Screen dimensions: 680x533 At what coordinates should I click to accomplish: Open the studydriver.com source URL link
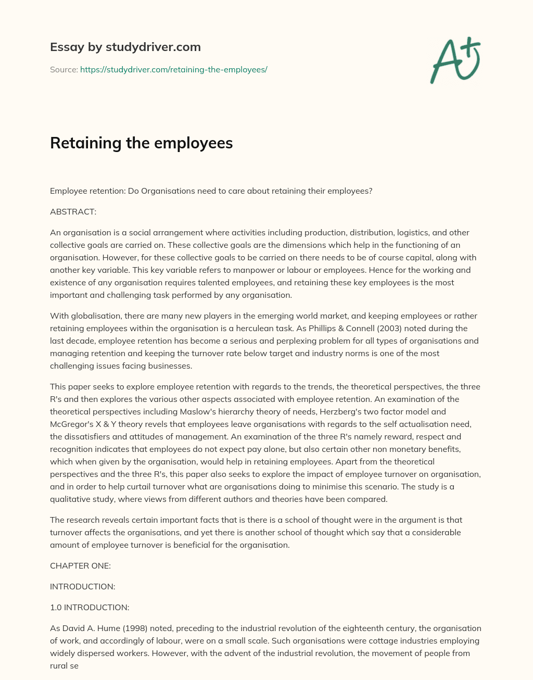(173, 69)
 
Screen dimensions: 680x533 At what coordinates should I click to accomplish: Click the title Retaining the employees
(141, 143)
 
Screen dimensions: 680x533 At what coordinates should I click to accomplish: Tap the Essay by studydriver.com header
(125, 47)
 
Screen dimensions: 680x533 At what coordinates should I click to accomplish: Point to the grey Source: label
(64, 69)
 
